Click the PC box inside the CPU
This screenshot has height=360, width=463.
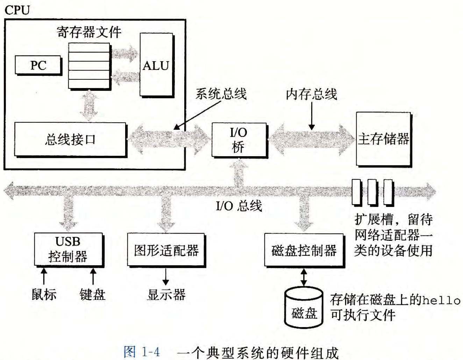tap(38, 65)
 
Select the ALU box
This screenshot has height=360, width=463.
tap(156, 65)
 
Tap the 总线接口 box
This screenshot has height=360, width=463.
tap(70, 139)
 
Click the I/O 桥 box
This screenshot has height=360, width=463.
tap(239, 140)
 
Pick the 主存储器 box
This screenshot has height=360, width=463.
tap(383, 139)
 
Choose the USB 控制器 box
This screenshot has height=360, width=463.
tap(68, 249)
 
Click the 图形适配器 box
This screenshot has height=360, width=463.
tap(166, 250)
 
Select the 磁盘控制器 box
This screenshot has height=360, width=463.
tap(304, 251)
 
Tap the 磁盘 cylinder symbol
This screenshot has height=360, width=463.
tap(304, 308)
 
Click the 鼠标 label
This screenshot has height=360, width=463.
tap(44, 294)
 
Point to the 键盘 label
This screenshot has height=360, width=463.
tap(92, 294)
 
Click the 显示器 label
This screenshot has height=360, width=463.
tap(166, 295)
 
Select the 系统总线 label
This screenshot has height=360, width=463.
tap(221, 94)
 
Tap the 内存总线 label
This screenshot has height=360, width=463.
tap(311, 94)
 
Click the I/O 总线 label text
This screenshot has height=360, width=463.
tap(239, 206)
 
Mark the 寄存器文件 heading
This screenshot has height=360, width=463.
tap(89, 32)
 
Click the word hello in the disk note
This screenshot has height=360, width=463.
tap(441, 300)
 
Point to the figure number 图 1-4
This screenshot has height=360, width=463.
tap(142, 351)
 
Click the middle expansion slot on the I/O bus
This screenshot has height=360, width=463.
tap(372, 192)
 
